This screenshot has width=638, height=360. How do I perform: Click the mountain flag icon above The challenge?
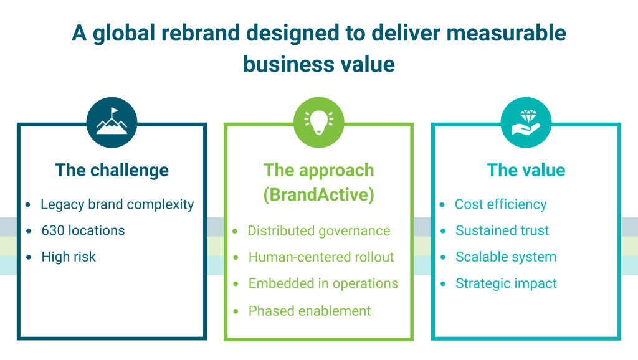112,122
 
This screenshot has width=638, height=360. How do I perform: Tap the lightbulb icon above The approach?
318,122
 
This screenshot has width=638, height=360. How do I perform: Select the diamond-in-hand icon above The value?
526,122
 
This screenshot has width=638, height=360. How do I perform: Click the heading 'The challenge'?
112,170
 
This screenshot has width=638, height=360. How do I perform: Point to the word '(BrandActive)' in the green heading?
318,195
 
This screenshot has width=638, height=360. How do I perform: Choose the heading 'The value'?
526,170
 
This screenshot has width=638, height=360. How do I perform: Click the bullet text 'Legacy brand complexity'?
117,204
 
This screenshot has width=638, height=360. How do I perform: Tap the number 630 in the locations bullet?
53,230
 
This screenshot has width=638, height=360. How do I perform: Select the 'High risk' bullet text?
69,257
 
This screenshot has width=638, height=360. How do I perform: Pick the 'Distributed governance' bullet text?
318,231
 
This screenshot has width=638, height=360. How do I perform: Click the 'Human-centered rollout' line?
321,257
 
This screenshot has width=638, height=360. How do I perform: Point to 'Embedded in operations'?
323,283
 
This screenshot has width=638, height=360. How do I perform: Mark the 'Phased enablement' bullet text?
310,310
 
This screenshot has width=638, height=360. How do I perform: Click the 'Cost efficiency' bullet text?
500,204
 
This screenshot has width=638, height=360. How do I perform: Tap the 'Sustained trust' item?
502,230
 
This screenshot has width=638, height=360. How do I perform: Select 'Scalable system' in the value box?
506,257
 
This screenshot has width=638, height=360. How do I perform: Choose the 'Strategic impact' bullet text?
506,283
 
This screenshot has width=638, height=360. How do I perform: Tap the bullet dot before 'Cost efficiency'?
442,204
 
